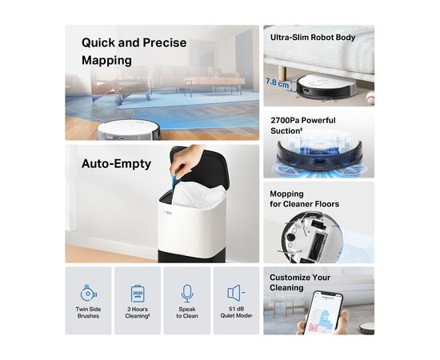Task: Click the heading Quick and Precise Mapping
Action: tap(134, 52)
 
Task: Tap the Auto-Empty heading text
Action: tap(116, 164)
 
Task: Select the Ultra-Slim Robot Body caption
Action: tap(313, 38)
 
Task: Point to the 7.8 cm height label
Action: tap(278, 82)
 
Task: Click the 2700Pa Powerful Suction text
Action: tap(303, 126)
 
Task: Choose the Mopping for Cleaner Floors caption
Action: tap(305, 199)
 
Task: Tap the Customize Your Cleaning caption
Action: tap(300, 282)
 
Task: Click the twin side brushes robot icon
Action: tap(88, 293)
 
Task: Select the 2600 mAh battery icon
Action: tap(138, 294)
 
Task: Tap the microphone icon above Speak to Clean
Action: tap(187, 294)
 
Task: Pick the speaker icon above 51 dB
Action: tap(236, 293)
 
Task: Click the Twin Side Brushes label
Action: tap(88, 313)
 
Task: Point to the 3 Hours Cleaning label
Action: tap(138, 313)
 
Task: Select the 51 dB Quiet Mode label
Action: tap(236, 312)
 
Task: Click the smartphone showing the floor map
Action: tap(324, 312)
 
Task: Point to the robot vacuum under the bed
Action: tap(326, 87)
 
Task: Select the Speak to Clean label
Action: tap(187, 313)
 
